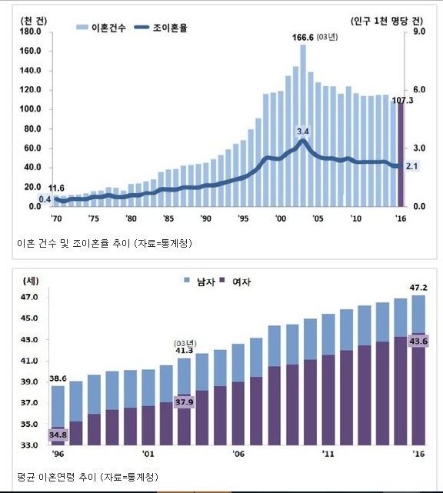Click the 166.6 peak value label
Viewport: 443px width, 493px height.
tap(303, 38)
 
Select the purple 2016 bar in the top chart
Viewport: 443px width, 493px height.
tap(401, 155)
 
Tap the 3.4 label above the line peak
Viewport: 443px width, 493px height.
tap(303, 132)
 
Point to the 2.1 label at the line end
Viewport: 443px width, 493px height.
tap(411, 166)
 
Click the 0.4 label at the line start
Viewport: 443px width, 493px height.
tap(45, 199)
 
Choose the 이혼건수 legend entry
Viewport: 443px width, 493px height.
tap(101, 28)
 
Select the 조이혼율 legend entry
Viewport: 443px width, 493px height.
tap(161, 28)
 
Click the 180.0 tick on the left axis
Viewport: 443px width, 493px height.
tap(30, 32)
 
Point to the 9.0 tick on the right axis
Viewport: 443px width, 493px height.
tap(419, 32)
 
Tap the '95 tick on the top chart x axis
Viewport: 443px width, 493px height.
tap(243, 218)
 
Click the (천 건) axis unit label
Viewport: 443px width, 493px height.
tap(34, 21)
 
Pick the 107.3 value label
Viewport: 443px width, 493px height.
tap(402, 100)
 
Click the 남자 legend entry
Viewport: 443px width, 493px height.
tap(200, 281)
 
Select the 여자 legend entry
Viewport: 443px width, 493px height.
tap(235, 281)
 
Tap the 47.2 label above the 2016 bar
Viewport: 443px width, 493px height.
tap(418, 288)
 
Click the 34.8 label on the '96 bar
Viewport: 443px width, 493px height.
tap(58, 435)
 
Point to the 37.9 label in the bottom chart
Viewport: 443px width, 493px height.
tap(185, 402)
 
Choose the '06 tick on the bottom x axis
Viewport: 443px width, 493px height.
tap(238, 454)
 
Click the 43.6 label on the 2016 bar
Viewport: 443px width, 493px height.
tap(418, 341)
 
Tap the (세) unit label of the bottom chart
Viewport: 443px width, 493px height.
tap(31, 281)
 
